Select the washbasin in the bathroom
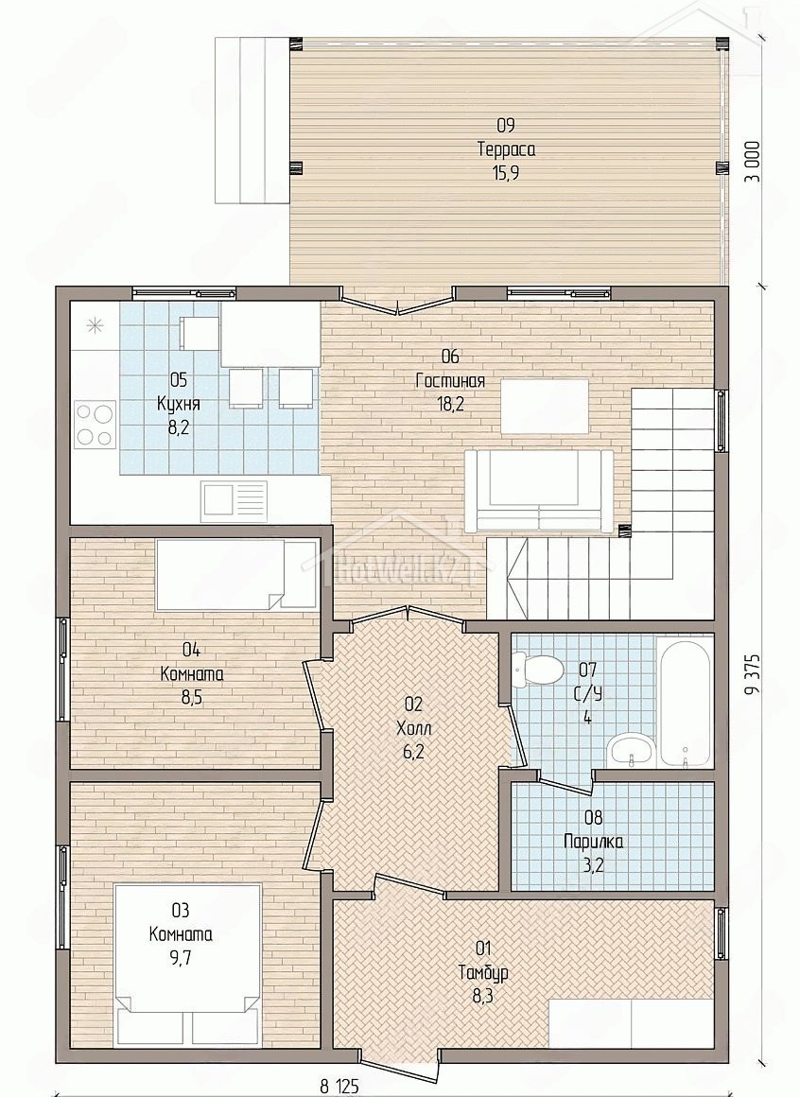(631, 751)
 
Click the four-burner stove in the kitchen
(96, 424)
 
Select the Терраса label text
(506, 149)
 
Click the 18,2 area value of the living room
(450, 404)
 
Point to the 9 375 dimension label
(752, 676)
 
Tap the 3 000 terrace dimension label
(752, 162)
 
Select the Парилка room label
(594, 841)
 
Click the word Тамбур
(483, 972)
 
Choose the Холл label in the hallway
(414, 728)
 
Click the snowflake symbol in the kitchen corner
(96, 325)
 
